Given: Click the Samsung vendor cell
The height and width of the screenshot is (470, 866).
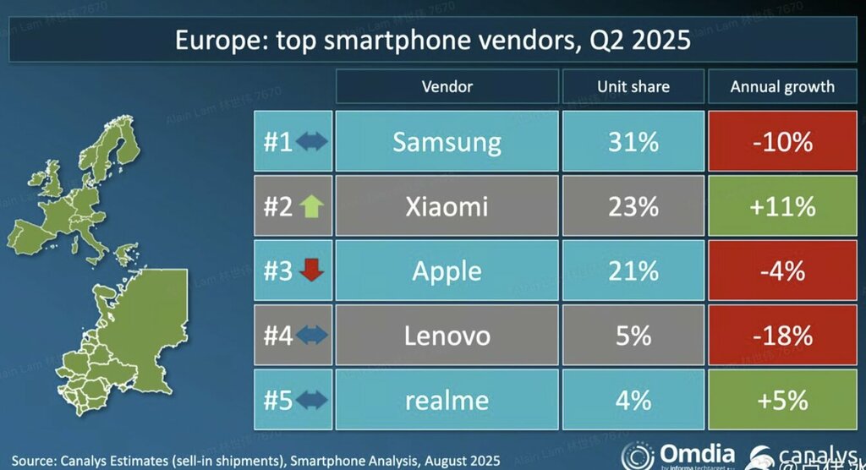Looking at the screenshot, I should pos(447,142).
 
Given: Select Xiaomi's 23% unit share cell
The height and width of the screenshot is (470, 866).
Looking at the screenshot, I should pos(633,206).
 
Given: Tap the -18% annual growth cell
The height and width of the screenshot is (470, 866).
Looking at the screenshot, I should pos(783,336).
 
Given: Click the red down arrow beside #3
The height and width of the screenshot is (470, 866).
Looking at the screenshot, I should pos(311,271).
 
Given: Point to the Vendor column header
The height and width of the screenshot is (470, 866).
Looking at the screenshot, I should pos(447,86).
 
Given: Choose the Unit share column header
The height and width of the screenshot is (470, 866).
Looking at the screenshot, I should pos(633,86).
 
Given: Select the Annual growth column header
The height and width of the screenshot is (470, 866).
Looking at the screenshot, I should pos(783,86).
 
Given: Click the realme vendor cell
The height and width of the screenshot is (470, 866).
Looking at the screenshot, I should pos(447,399).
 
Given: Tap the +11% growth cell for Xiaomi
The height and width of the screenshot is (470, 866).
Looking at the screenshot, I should pos(783,206).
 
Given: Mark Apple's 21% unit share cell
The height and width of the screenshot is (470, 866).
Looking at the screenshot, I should pos(633,271).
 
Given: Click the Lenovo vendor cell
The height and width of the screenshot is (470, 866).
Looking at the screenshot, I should pos(447,336).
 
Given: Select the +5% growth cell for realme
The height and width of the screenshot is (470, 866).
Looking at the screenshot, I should pos(783,399).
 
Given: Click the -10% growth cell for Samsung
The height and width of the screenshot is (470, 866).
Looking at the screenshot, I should pos(783,142).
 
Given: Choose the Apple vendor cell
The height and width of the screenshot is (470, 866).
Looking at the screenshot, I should pos(447,271).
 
